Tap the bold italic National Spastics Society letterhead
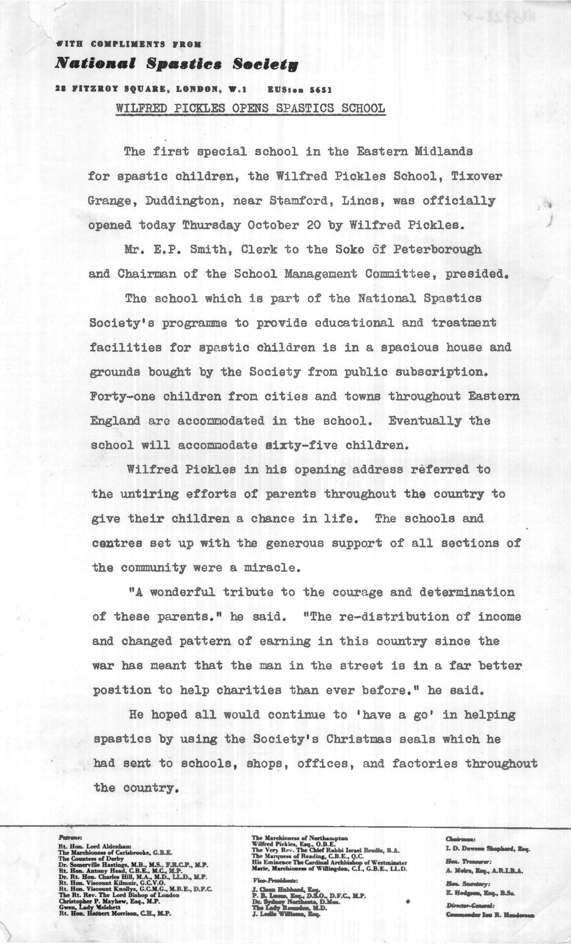tap(176, 64)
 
